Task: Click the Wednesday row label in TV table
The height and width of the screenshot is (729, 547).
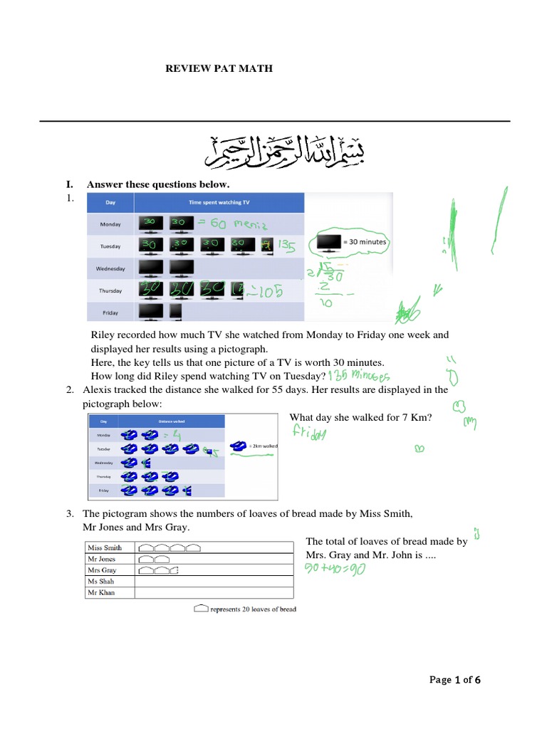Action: (110, 268)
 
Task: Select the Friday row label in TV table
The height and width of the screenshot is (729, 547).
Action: (110, 312)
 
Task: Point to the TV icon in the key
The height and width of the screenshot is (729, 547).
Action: (328, 242)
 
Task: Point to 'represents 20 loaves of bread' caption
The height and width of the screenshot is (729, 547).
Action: (253, 609)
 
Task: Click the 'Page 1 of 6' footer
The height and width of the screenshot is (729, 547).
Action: (456, 680)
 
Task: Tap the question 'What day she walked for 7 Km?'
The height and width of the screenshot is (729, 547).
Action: (360, 418)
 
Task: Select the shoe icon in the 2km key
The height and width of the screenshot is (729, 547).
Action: (239, 446)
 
